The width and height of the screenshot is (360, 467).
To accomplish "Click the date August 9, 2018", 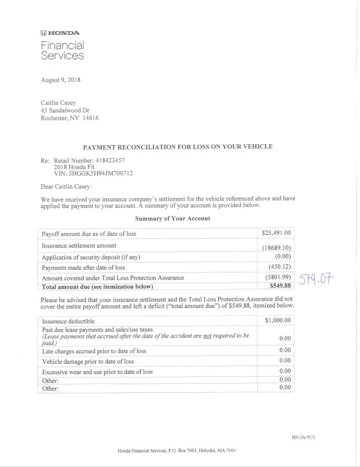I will (x=60, y=80).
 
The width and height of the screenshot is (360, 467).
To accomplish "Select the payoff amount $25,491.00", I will (x=277, y=233).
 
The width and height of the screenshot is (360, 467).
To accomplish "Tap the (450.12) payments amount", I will (x=280, y=267).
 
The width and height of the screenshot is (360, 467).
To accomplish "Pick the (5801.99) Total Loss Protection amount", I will (x=277, y=278).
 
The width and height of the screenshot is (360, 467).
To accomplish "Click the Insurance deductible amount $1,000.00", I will (x=278, y=320).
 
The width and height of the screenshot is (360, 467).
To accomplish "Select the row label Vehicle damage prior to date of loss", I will (x=88, y=361).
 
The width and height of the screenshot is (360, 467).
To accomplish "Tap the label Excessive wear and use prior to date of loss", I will (x=97, y=372).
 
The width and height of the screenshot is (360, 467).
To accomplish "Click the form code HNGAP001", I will (x=303, y=437).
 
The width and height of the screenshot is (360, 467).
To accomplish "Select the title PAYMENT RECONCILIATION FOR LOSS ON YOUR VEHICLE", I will (x=178, y=147).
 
